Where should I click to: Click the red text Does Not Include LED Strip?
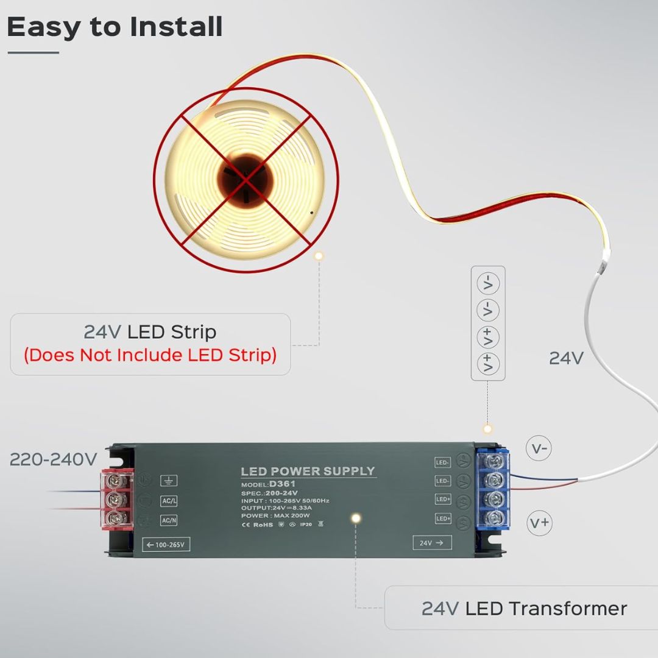150,355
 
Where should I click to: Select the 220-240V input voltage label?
53,459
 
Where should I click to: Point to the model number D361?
283,484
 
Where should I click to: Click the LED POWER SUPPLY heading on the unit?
308,471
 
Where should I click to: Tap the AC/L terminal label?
169,501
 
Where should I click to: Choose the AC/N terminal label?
169,520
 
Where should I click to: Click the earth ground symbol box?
169,481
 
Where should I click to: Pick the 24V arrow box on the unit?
432,542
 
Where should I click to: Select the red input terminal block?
116,500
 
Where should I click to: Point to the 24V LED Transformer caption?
524,608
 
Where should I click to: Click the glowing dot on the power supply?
356,518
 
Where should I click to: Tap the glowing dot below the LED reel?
318,256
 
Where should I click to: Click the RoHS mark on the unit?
263,523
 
